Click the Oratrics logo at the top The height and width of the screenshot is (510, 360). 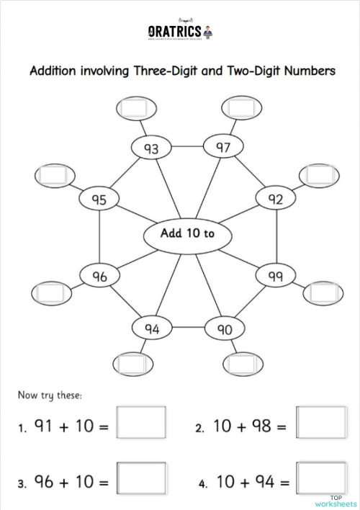coord(180,32)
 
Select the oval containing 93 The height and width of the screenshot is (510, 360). coord(152,149)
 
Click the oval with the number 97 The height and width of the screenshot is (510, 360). coord(222,147)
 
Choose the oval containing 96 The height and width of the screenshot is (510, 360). coord(99,275)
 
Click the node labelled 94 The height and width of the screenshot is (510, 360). coord(152,328)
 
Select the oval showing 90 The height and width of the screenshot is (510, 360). coord(225,329)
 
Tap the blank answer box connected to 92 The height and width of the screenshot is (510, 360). coord(318,175)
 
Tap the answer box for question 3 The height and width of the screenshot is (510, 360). coord(141,479)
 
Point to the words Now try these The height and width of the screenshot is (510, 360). coord(50,395)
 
